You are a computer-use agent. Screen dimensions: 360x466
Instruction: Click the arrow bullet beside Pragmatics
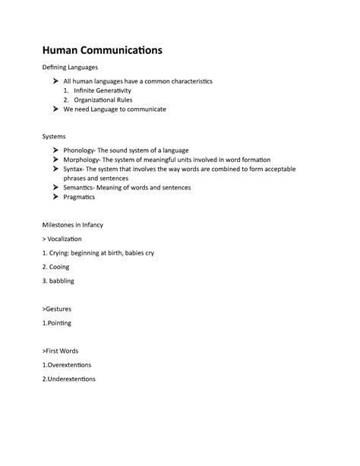click(55, 196)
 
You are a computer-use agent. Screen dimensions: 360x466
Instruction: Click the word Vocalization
click(65, 239)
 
